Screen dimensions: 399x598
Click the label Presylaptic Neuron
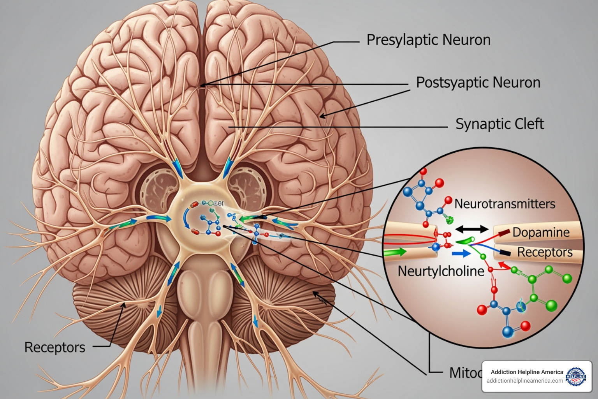[x=428, y=40]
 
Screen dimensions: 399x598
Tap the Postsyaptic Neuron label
[x=478, y=83]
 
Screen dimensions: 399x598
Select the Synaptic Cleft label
[x=500, y=124]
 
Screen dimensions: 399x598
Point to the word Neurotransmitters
[x=505, y=204]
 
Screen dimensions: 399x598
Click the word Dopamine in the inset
[x=541, y=232]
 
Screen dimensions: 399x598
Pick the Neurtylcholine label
[x=441, y=271]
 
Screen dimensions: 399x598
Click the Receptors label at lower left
[x=55, y=347]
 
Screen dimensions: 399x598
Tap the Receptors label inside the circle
[x=545, y=252]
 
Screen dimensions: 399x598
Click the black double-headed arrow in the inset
[x=472, y=229]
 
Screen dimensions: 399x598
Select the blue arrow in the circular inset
[x=461, y=254]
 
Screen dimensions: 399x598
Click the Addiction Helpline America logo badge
[x=576, y=376]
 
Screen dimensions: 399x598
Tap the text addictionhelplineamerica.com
[x=524, y=381]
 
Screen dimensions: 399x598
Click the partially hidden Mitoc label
[x=465, y=373]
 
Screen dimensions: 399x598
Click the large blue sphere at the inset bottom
[x=508, y=332]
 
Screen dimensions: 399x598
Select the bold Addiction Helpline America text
[x=527, y=372]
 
